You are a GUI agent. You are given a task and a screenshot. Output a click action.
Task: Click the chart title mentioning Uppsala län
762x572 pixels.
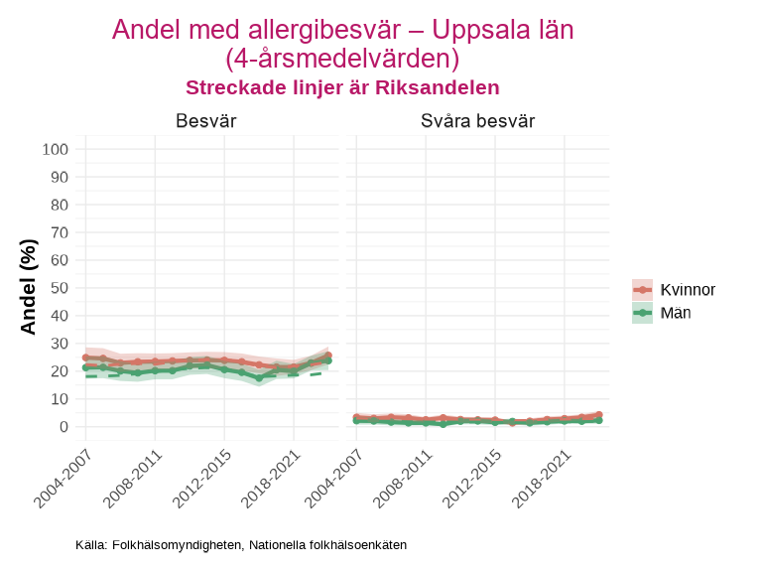click(342, 43)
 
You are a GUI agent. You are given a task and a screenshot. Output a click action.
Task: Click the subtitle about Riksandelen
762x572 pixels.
click(342, 87)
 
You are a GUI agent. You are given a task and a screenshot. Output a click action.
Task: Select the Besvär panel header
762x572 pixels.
click(205, 121)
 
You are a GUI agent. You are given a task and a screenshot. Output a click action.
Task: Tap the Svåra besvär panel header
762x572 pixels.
click(477, 121)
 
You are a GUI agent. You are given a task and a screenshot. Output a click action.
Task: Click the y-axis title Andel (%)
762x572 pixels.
click(29, 286)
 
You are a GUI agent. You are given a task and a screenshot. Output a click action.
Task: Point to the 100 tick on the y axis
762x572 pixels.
click(56, 149)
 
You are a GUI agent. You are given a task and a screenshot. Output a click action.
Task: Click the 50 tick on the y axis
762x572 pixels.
click(60, 288)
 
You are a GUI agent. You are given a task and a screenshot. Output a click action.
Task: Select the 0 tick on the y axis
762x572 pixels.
click(63, 427)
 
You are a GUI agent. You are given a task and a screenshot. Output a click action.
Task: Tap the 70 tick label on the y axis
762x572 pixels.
click(60, 232)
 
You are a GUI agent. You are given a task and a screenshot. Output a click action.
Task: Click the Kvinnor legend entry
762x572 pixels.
click(688, 289)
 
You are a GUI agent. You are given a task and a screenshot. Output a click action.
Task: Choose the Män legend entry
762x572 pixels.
click(676, 313)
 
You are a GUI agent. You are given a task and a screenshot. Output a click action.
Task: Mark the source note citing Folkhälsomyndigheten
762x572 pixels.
click(241, 545)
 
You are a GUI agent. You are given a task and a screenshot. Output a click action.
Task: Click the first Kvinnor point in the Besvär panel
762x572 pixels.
click(85, 357)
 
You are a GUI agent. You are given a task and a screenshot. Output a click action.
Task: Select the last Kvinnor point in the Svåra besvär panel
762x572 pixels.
click(599, 415)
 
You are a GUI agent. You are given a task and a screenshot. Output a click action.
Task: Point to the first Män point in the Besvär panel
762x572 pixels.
click(85, 367)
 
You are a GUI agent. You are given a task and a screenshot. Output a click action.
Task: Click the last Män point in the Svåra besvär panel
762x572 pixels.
click(599, 420)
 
